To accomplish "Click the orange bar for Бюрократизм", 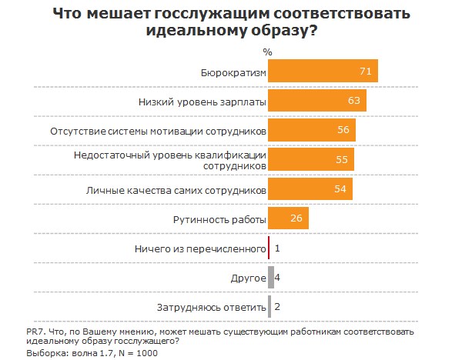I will pyautogui.click(x=323, y=72).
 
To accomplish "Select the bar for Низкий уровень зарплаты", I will pyautogui.click(x=317, y=101).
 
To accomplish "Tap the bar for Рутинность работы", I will pyautogui.click(x=288, y=219).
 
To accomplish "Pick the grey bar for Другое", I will pyautogui.click(x=271, y=278).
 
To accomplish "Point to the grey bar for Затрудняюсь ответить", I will pyautogui.click(x=269, y=307).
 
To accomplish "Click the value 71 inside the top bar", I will pyautogui.click(x=366, y=72).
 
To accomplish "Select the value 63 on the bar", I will pyautogui.click(x=354, y=101).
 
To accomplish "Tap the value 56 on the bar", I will pyautogui.click(x=343, y=130).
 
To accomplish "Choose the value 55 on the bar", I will pyautogui.click(x=342, y=159).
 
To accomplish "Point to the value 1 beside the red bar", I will pyautogui.click(x=277, y=248).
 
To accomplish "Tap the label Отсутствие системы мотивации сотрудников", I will pyautogui.click(x=158, y=130).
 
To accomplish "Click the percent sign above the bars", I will pyautogui.click(x=267, y=52).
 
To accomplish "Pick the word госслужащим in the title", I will pyautogui.click(x=206, y=14).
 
